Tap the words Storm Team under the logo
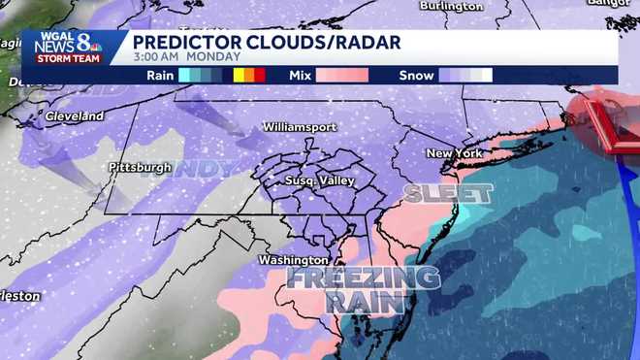[x=64, y=58]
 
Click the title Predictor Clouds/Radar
[x=264, y=42]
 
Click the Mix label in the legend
[x=300, y=75]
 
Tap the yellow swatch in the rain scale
[x=239, y=75]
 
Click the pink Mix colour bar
[x=342, y=75]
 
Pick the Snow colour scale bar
[x=465, y=75]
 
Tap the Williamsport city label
[x=299, y=127]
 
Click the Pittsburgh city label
[x=139, y=167]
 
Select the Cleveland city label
[x=74, y=116]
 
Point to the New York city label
[x=454, y=153]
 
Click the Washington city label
[x=293, y=260]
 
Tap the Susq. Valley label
[x=319, y=180]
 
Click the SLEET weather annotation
[x=448, y=193]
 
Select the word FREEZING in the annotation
[x=364, y=278]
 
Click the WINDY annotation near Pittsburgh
[x=199, y=168]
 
